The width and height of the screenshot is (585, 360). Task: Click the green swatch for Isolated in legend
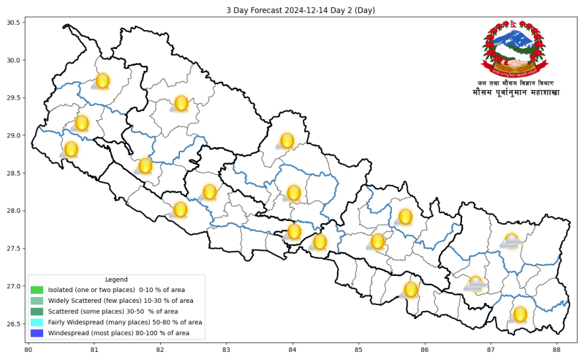tap(37, 290)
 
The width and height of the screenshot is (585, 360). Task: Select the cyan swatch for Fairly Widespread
tap(37, 322)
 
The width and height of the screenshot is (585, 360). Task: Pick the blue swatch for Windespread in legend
tap(37, 333)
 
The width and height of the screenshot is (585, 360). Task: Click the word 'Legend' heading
tap(116, 280)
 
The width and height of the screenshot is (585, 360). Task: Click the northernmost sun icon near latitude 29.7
tap(102, 80)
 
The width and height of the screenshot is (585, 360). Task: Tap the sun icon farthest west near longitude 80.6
tap(71, 149)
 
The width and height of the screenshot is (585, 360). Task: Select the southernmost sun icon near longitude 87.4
tap(520, 314)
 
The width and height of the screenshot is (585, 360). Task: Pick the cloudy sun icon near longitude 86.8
tap(476, 283)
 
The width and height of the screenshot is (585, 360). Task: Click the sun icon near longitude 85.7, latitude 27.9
tap(405, 217)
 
